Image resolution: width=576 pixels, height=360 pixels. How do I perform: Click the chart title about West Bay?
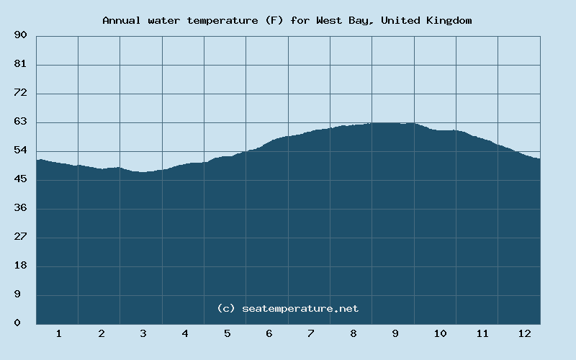[x=287, y=20]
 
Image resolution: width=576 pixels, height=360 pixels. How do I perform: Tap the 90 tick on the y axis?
[x=20, y=35]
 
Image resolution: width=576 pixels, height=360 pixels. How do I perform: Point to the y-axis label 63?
[x=20, y=122]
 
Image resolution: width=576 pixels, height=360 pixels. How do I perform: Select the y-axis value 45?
[x=20, y=179]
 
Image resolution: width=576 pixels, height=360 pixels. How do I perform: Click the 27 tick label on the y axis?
[x=20, y=237]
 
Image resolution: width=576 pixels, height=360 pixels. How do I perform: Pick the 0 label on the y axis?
[x=17, y=323]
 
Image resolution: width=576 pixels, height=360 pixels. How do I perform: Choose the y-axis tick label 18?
[x=20, y=266]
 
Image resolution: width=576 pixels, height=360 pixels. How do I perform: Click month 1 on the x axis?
[x=58, y=334]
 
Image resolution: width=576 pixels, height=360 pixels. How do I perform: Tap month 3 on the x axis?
[x=143, y=334]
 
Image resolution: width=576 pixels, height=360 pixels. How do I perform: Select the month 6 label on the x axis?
[x=269, y=334]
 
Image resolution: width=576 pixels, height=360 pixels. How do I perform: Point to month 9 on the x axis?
[x=395, y=334]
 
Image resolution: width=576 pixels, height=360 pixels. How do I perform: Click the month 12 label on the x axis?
[x=524, y=334]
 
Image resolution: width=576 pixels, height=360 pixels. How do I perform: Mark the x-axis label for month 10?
[x=440, y=334]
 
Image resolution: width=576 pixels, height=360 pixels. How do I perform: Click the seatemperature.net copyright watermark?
[x=287, y=308]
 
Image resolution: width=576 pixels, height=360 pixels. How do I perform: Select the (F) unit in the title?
[x=274, y=20]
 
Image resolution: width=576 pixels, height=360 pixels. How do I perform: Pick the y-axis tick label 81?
[x=20, y=64]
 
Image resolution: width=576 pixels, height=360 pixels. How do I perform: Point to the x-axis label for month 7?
[x=311, y=334]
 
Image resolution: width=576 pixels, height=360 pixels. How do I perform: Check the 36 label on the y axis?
[x=20, y=208]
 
